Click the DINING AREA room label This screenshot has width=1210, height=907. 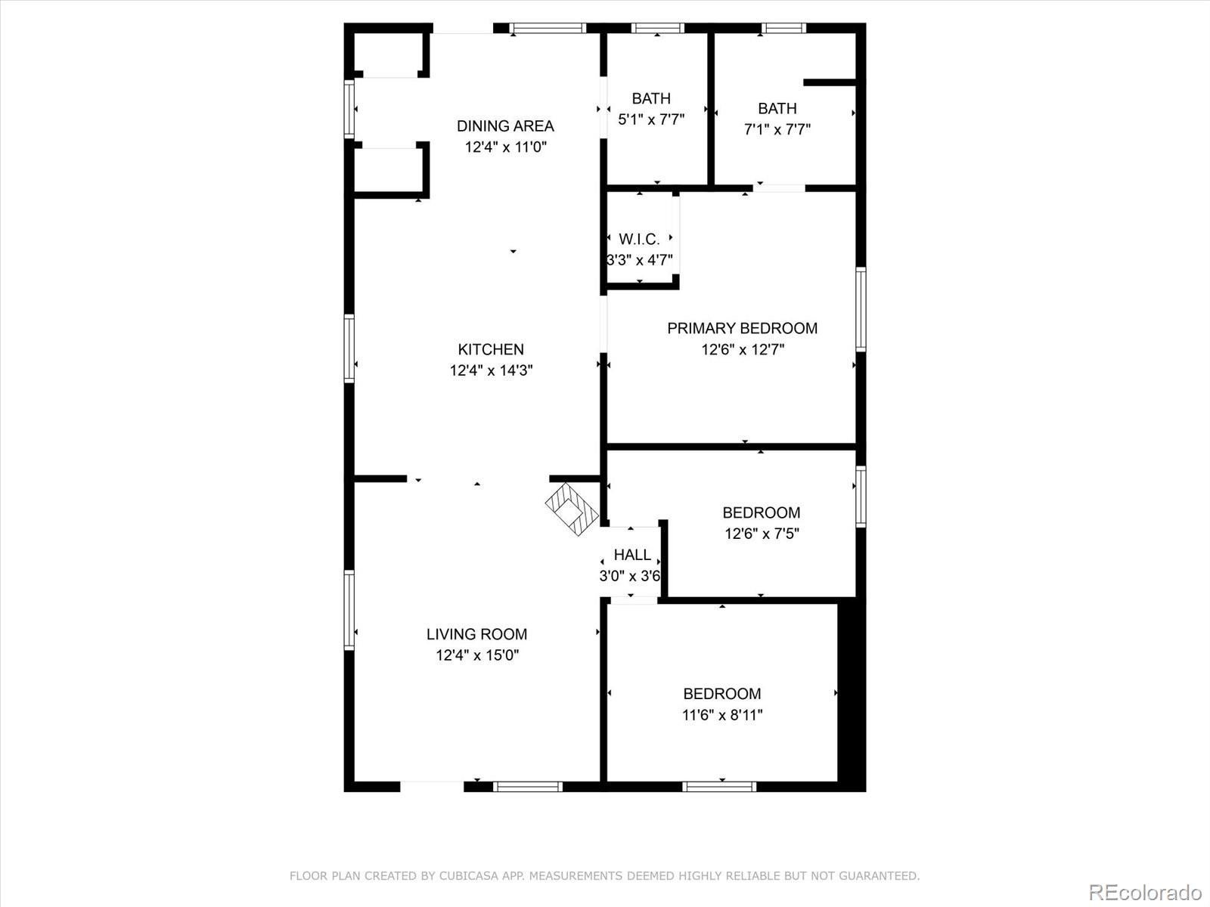pos(505,126)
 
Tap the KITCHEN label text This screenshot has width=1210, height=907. pos(491,349)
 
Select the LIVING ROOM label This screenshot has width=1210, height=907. pos(476,634)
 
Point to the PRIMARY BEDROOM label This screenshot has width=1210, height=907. pos(742,328)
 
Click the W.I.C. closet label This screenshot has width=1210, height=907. pos(639,240)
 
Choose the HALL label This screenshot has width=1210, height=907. pos(632,555)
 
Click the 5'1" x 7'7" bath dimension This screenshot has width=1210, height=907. pos(651,119)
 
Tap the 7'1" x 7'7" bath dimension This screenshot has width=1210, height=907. pos(777,129)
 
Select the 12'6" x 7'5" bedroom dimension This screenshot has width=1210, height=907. pos(762,534)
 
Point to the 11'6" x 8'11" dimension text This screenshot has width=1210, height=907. pos(722,715)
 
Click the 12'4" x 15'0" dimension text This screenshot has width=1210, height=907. pos(476,655)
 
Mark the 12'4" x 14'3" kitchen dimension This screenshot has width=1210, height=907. pos(491,370)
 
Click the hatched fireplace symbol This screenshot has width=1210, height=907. pos(571,509)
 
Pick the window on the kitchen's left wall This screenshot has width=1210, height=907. pos(349,348)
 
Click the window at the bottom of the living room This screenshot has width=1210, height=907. pos(528,787)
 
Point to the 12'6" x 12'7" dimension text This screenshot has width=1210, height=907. pos(742,349)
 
